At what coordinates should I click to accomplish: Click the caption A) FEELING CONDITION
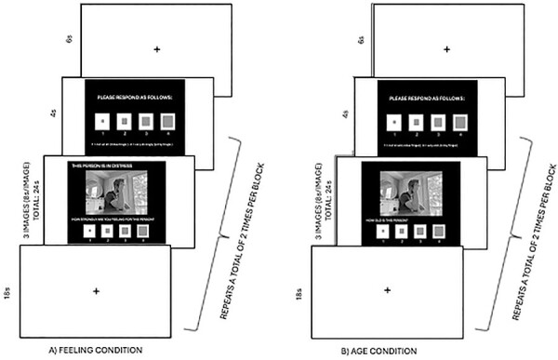[96, 349]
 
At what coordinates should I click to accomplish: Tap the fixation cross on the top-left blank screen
[156, 47]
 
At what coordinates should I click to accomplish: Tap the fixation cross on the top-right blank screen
[447, 47]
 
